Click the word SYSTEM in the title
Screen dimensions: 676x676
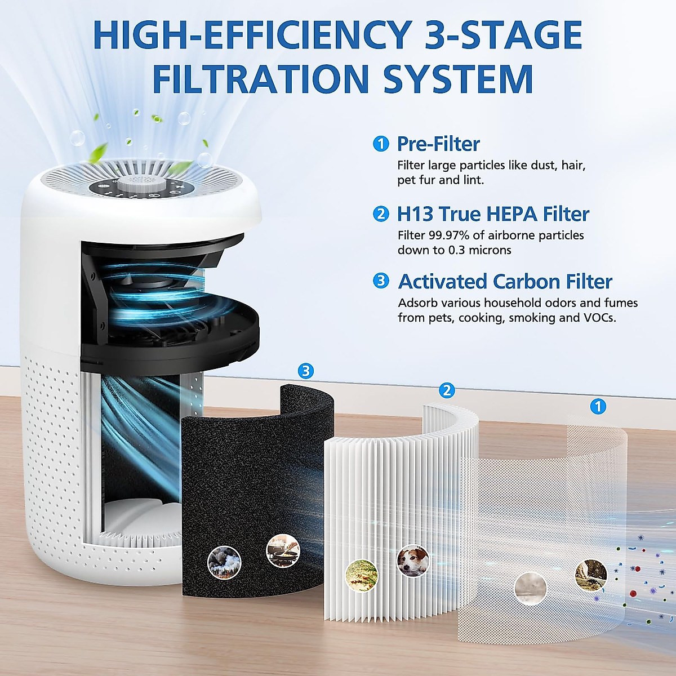[x=458, y=79]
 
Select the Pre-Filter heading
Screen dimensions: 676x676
[x=438, y=144]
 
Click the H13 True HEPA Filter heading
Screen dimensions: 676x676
[x=493, y=214]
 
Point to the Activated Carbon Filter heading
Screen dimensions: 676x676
[x=505, y=281]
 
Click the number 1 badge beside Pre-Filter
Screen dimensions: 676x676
[x=381, y=144]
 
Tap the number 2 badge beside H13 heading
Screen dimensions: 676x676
[x=381, y=214]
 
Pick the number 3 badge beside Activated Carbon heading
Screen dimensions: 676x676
[x=381, y=281]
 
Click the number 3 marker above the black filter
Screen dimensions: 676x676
[x=305, y=371]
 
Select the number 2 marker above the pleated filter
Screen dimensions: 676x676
[x=447, y=390]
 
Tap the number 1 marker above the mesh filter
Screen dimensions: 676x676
[x=598, y=406]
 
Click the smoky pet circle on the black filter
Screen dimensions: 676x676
[x=224, y=561]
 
